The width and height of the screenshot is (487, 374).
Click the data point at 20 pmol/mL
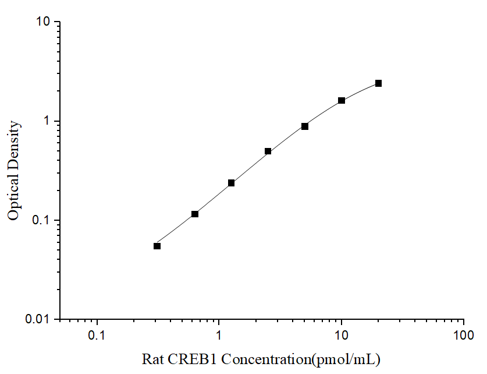coord(378,83)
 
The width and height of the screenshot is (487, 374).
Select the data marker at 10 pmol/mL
coord(342,101)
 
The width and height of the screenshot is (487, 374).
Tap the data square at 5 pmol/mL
coord(305,126)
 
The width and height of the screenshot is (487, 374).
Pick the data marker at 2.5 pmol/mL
coord(268,151)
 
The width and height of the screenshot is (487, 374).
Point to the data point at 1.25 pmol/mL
coord(231,183)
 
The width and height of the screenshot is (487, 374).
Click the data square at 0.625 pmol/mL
coord(195,214)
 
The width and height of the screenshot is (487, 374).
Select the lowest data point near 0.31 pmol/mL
coord(157,246)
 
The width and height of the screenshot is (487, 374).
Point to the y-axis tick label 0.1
coord(42,220)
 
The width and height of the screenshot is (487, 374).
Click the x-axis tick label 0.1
coord(97,336)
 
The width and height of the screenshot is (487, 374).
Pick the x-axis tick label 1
coord(219,336)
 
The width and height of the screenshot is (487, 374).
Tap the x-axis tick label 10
coord(342,336)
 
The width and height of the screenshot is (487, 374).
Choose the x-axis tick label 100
coord(463,336)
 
